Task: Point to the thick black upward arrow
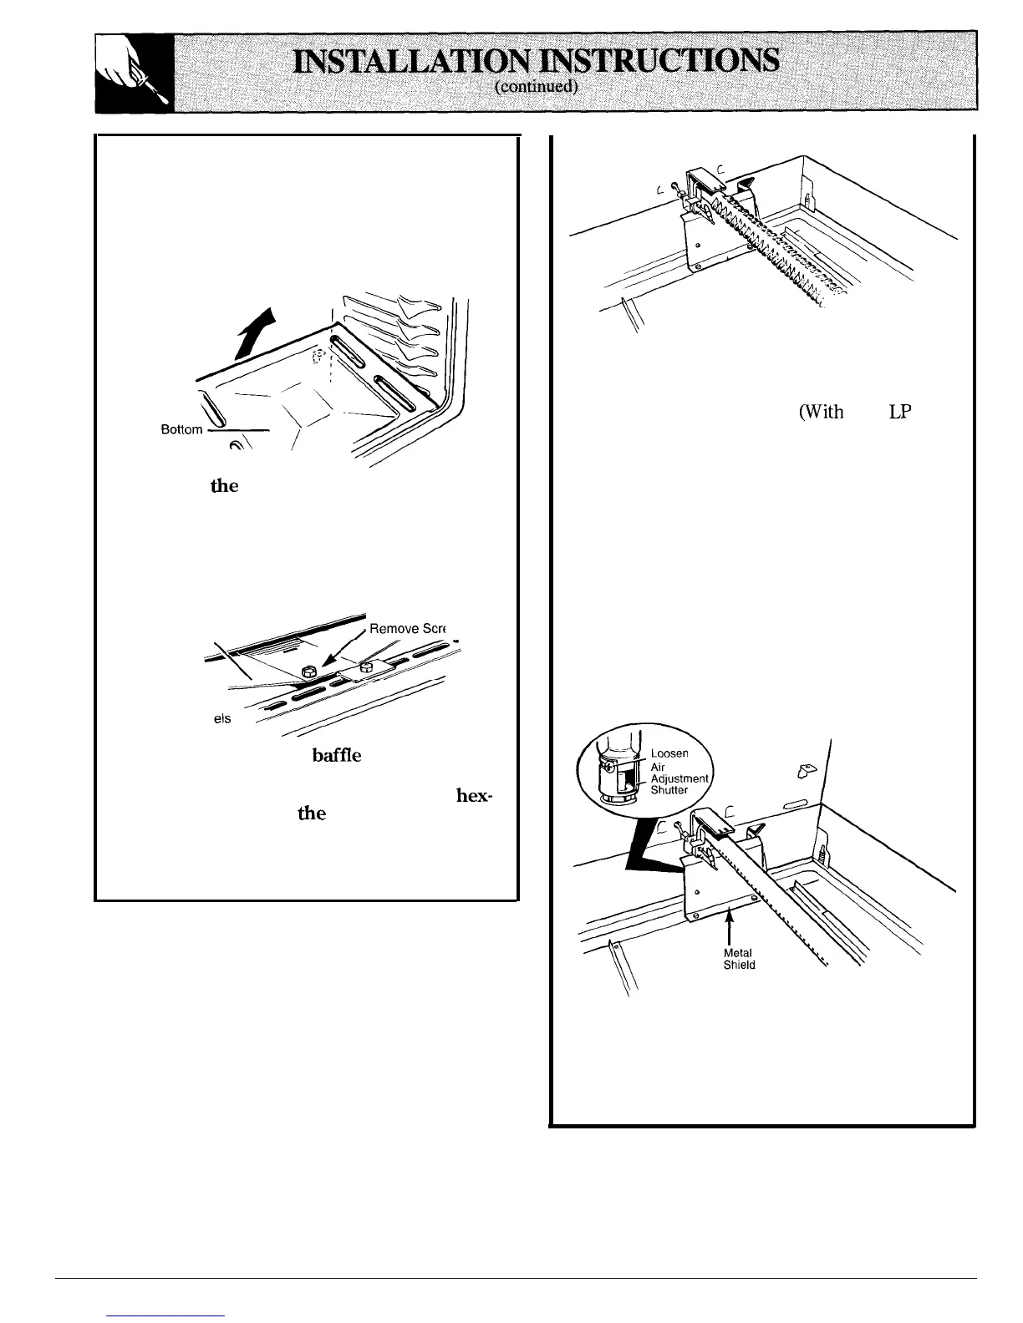[257, 331]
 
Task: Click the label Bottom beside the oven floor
[181, 429]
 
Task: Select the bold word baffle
[337, 755]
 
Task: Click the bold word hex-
[479, 795]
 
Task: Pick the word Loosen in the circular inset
[670, 753]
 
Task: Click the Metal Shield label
[740, 959]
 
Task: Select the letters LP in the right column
[900, 412]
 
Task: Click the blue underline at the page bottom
[167, 1315]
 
